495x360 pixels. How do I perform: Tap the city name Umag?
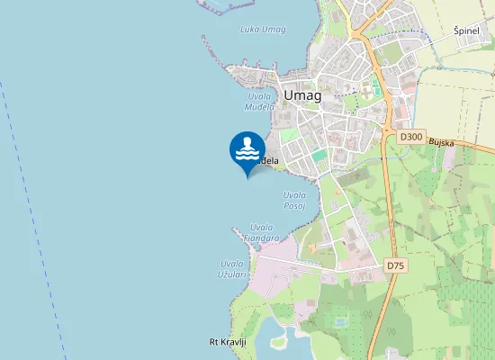301,95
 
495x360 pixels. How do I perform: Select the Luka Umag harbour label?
263,30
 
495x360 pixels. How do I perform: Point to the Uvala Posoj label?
294,200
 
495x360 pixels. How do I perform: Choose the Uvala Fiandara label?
265,231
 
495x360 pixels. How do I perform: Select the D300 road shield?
410,137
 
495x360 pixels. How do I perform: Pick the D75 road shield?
394,265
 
